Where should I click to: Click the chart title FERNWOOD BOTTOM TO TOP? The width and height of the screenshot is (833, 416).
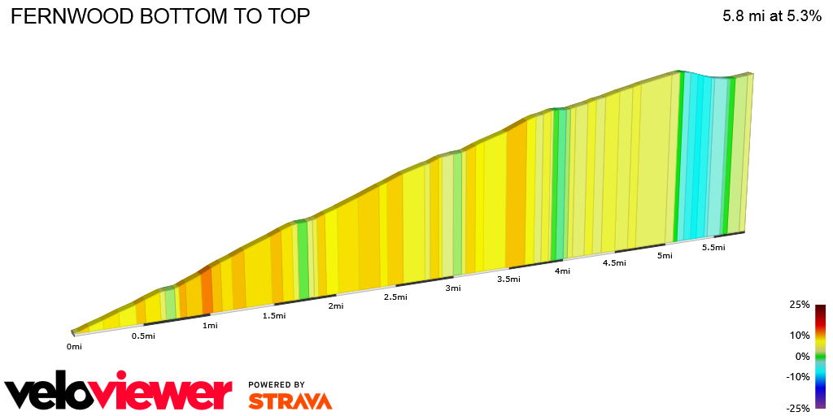pyautogui.click(x=160, y=17)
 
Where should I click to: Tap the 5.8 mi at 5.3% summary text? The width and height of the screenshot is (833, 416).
pyautogui.click(x=771, y=16)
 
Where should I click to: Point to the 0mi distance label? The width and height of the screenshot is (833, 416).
pyautogui.click(x=74, y=347)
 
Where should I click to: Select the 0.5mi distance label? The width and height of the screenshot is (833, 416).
pyautogui.click(x=143, y=336)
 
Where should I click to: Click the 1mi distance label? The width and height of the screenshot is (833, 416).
pyautogui.click(x=210, y=326)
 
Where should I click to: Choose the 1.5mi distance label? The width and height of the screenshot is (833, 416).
pyautogui.click(x=274, y=316)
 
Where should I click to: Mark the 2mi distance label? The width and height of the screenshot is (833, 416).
pyautogui.click(x=336, y=306)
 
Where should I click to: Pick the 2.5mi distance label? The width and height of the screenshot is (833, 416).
pyautogui.click(x=395, y=297)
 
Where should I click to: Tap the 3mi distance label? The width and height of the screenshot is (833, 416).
pyautogui.click(x=453, y=288)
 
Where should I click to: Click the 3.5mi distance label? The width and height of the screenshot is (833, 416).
pyautogui.click(x=508, y=279)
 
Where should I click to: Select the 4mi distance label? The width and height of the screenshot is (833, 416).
pyautogui.click(x=562, y=271)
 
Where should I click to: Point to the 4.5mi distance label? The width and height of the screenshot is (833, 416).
pyautogui.click(x=614, y=263)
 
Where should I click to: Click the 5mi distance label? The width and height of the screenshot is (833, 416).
pyautogui.click(x=665, y=256)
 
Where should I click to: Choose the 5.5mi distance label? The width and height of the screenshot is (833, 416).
pyautogui.click(x=713, y=248)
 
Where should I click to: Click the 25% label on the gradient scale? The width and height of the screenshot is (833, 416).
pyautogui.click(x=800, y=305)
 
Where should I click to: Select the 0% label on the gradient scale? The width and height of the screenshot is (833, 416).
pyautogui.click(x=802, y=356)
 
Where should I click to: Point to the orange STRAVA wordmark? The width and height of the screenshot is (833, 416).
pyautogui.click(x=290, y=401)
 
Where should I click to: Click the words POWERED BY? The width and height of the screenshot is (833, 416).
pyautogui.click(x=277, y=384)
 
